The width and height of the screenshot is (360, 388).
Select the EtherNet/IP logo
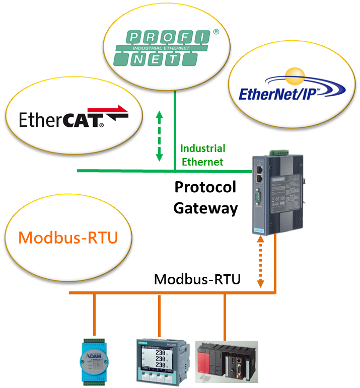(292, 91)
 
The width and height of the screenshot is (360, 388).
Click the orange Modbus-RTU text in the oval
(68, 237)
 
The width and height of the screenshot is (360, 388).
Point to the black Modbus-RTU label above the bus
(197, 279)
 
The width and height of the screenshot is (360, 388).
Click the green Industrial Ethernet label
(202, 155)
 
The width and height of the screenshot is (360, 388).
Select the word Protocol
(205, 187)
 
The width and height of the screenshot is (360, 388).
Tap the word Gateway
(205, 207)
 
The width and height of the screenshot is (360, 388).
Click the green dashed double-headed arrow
(160, 136)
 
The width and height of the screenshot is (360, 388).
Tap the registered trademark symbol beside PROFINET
(216, 32)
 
